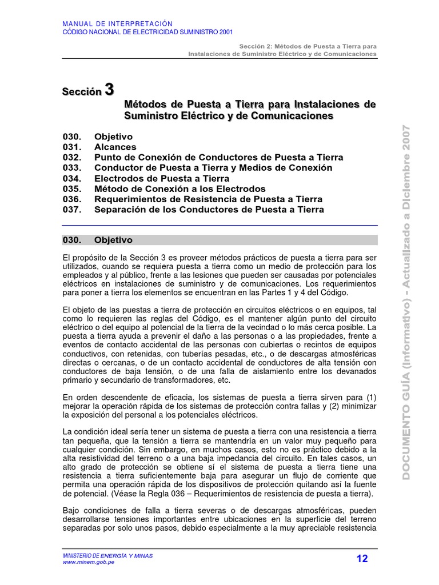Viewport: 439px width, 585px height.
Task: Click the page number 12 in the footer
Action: pyautogui.click(x=362, y=559)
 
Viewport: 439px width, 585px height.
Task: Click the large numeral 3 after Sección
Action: pyautogui.click(x=109, y=90)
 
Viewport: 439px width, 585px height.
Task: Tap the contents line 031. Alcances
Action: pyautogui.click(x=99, y=147)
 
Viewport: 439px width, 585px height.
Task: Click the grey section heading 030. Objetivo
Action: pyautogui.click(x=97, y=240)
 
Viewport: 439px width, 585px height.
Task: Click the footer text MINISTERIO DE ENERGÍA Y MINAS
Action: pyautogui.click(x=107, y=555)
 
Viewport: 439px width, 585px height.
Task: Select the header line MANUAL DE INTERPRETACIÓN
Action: pyautogui.click(x=117, y=23)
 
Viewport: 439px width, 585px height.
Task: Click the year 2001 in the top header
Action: pyautogui.click(x=224, y=33)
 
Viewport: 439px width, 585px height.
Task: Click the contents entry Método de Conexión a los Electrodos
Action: pyautogui.click(x=179, y=189)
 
